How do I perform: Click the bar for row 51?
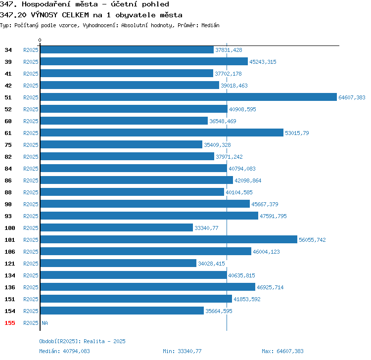(188, 97)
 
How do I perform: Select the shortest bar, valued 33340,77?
(117, 227)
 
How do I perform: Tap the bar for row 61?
(162, 133)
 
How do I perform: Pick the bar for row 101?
(169, 239)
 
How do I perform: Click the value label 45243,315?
(263, 62)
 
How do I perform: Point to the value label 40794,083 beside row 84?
(242, 169)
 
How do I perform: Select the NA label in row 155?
(45, 323)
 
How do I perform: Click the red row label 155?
(10, 323)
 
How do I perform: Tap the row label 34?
(8, 50)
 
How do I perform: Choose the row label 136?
(10, 287)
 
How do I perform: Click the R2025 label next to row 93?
(31, 216)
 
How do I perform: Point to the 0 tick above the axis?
(40, 40)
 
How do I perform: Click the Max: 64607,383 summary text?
(282, 351)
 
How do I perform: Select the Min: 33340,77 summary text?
(182, 351)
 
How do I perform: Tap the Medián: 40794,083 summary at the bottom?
(65, 351)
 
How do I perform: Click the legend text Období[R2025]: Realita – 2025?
(82, 341)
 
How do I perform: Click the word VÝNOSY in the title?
(44, 15)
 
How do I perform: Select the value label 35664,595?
(219, 311)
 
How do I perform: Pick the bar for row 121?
(118, 263)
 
